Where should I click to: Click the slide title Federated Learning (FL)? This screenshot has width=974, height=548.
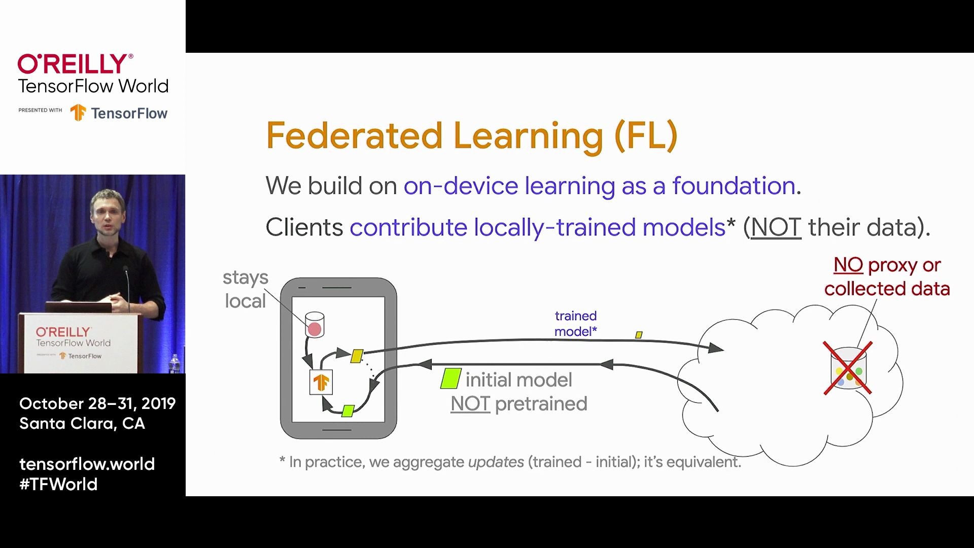[472, 136]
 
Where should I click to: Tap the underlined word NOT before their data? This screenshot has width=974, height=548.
[776, 227]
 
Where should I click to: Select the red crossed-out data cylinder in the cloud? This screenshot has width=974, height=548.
[848, 368]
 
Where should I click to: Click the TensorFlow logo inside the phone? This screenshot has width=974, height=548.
[321, 382]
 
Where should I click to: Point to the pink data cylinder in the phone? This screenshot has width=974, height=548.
[315, 325]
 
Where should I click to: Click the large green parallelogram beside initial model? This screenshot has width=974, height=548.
[450, 379]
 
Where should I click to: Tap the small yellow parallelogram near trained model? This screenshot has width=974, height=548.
[639, 335]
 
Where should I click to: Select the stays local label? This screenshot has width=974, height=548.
[246, 289]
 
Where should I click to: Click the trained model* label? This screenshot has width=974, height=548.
[575, 323]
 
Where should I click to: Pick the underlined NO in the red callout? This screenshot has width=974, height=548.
[848, 265]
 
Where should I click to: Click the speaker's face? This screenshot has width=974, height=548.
[108, 213]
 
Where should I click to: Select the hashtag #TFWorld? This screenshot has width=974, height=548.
[58, 484]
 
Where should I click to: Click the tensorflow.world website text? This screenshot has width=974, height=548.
[87, 464]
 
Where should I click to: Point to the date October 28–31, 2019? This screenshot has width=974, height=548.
[97, 403]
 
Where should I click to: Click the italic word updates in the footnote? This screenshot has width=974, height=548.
[496, 462]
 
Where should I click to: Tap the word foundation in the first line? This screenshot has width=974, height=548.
[733, 186]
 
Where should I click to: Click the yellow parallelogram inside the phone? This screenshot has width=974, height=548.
[357, 356]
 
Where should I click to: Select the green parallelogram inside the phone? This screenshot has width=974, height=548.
[348, 410]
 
